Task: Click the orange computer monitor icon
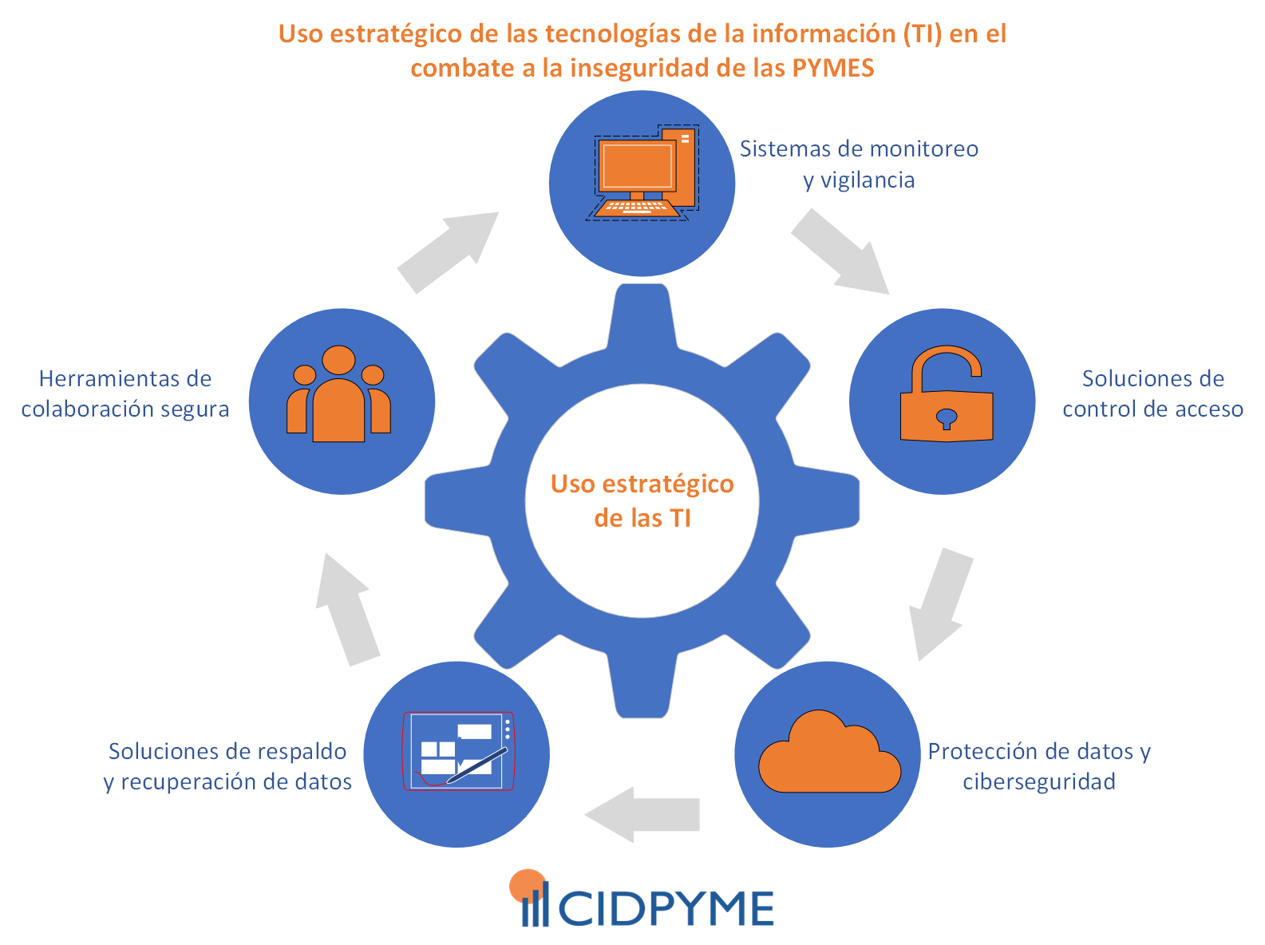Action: [x=638, y=169]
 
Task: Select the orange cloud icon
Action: [x=830, y=754]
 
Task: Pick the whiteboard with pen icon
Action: [x=458, y=751]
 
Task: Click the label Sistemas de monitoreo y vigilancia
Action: [x=859, y=164]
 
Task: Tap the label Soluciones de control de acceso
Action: [x=1152, y=393]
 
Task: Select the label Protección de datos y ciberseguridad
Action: [x=1038, y=766]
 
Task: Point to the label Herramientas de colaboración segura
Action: [x=125, y=393]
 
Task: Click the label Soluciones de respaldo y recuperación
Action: [x=227, y=766]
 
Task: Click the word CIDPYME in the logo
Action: [x=666, y=908]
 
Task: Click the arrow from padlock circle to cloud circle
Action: [x=942, y=603]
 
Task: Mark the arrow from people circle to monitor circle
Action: [x=447, y=252]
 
